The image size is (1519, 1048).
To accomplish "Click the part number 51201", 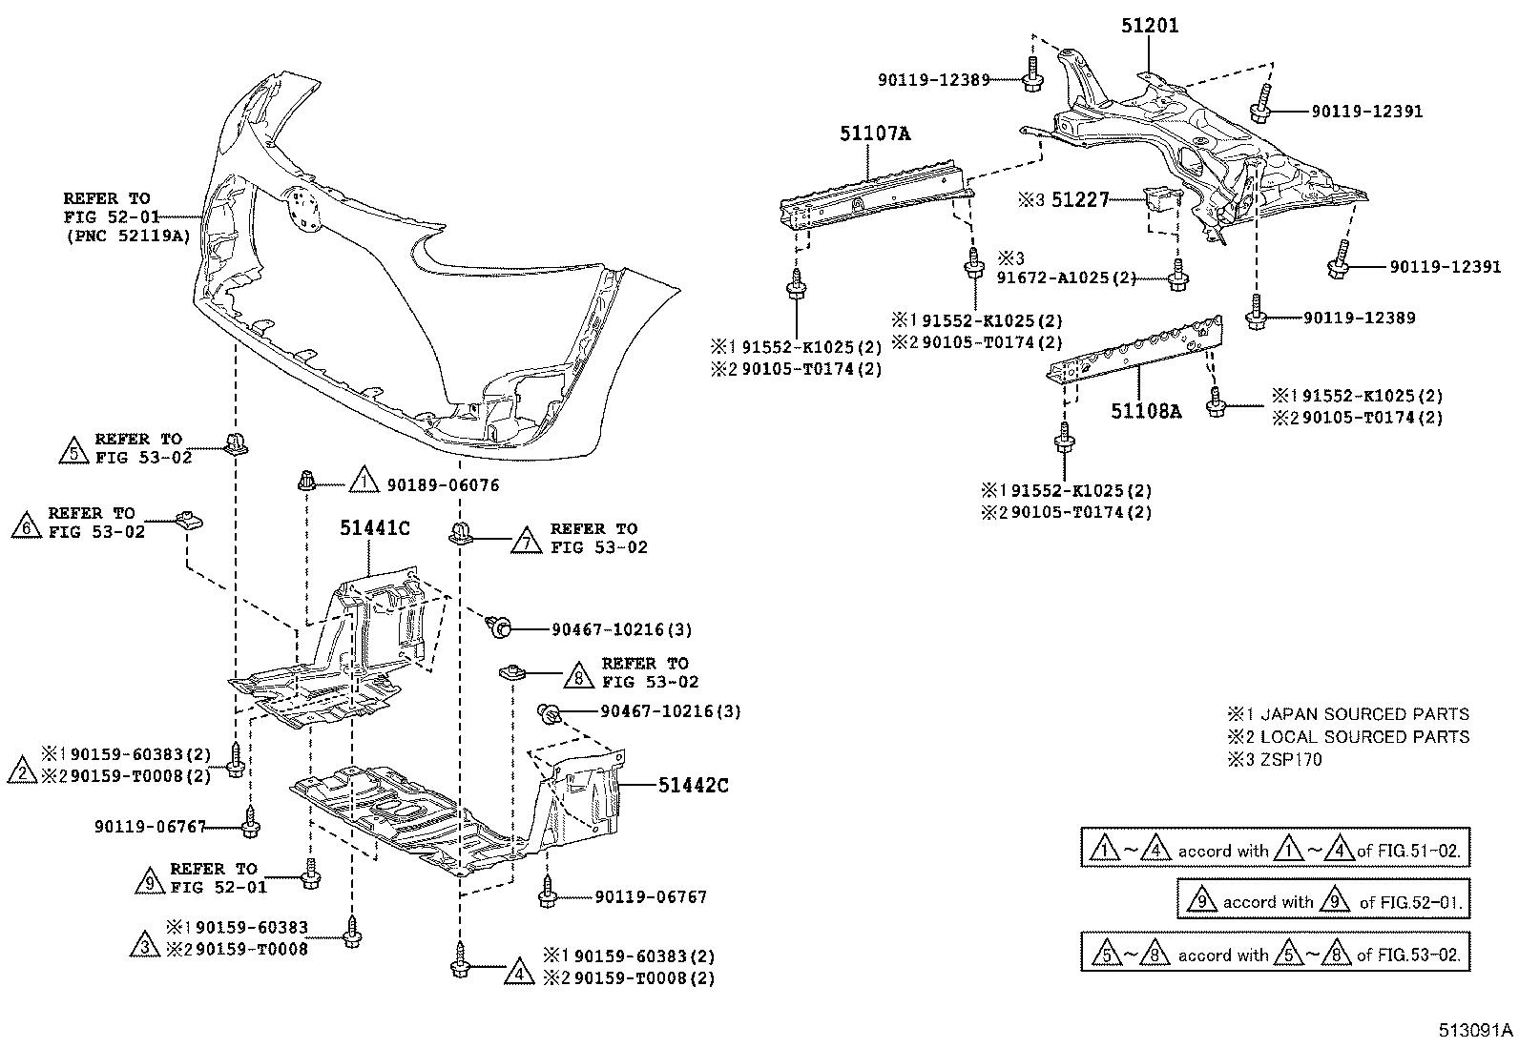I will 1149,26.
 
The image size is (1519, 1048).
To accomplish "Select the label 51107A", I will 875,134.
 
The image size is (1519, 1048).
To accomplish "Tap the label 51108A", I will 1146,411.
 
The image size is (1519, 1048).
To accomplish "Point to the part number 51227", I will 1080,199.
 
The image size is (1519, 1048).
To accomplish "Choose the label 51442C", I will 693,785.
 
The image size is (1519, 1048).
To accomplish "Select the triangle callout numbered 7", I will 525,540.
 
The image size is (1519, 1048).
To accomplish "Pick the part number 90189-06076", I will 443,485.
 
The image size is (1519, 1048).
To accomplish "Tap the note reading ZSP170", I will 1291,760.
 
